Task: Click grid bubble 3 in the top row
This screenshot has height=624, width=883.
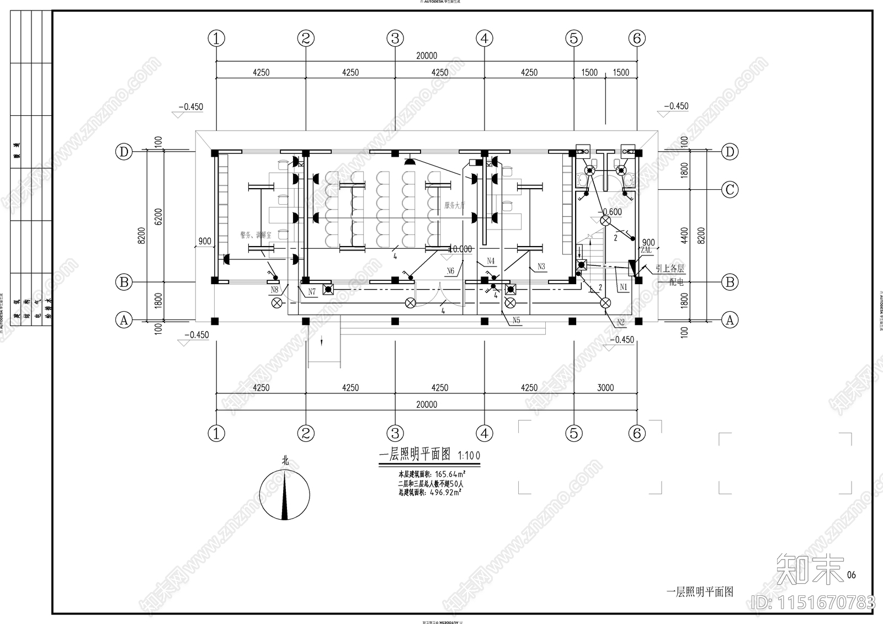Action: [x=395, y=38]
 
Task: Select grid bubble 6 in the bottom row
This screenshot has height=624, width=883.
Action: [x=637, y=433]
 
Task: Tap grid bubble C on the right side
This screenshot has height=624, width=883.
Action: [x=730, y=190]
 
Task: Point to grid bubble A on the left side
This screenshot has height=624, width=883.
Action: [x=124, y=320]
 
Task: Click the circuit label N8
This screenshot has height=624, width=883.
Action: [x=274, y=290]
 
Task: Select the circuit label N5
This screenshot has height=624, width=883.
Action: [x=516, y=320]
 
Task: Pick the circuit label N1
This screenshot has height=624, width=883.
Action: [x=623, y=287]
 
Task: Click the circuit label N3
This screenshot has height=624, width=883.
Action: [x=541, y=266]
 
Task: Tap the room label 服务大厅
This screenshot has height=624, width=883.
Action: [x=455, y=205]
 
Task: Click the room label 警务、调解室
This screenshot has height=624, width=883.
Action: [x=256, y=235]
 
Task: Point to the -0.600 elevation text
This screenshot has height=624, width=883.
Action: [x=611, y=212]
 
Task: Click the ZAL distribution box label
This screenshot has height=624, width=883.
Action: [x=646, y=250]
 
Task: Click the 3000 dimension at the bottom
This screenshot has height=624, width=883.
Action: [x=605, y=387]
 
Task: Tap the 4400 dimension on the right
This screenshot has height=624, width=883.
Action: [x=684, y=236]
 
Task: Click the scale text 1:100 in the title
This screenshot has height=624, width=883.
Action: [x=469, y=456]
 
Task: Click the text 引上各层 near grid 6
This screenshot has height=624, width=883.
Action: [x=669, y=269]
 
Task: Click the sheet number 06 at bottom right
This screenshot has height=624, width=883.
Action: [x=851, y=575]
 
